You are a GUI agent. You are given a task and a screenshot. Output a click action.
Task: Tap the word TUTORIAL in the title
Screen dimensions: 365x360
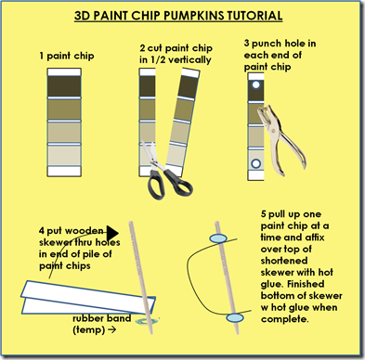click(x=254, y=16)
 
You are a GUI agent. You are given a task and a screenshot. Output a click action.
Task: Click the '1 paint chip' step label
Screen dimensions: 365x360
click(x=67, y=56)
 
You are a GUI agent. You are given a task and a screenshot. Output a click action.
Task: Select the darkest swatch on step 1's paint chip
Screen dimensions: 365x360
click(x=64, y=86)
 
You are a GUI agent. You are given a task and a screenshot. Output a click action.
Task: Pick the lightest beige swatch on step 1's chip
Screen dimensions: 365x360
click(x=64, y=156)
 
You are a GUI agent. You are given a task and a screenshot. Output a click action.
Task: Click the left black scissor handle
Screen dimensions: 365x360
click(x=155, y=185)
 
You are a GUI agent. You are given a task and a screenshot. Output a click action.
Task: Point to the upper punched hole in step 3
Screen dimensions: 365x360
click(x=255, y=84)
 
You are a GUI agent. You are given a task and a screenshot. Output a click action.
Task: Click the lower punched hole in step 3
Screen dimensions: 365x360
click(x=255, y=163)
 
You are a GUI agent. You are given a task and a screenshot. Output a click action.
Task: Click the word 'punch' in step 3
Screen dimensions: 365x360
click(x=267, y=44)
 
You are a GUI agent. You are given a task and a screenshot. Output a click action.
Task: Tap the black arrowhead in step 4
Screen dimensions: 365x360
click(x=112, y=233)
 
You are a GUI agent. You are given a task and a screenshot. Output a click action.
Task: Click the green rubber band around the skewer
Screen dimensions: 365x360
click(x=148, y=321)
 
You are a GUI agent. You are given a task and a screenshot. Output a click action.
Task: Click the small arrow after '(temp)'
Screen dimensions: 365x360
click(x=111, y=329)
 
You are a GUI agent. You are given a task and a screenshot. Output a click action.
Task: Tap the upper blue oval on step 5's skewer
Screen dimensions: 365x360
click(x=218, y=238)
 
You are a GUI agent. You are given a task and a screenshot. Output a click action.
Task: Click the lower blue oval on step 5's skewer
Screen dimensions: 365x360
click(x=235, y=317)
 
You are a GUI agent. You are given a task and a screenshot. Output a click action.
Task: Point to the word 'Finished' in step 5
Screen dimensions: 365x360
click(x=305, y=284)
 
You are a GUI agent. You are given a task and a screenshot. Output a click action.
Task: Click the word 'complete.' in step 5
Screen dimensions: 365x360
click(x=285, y=319)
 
